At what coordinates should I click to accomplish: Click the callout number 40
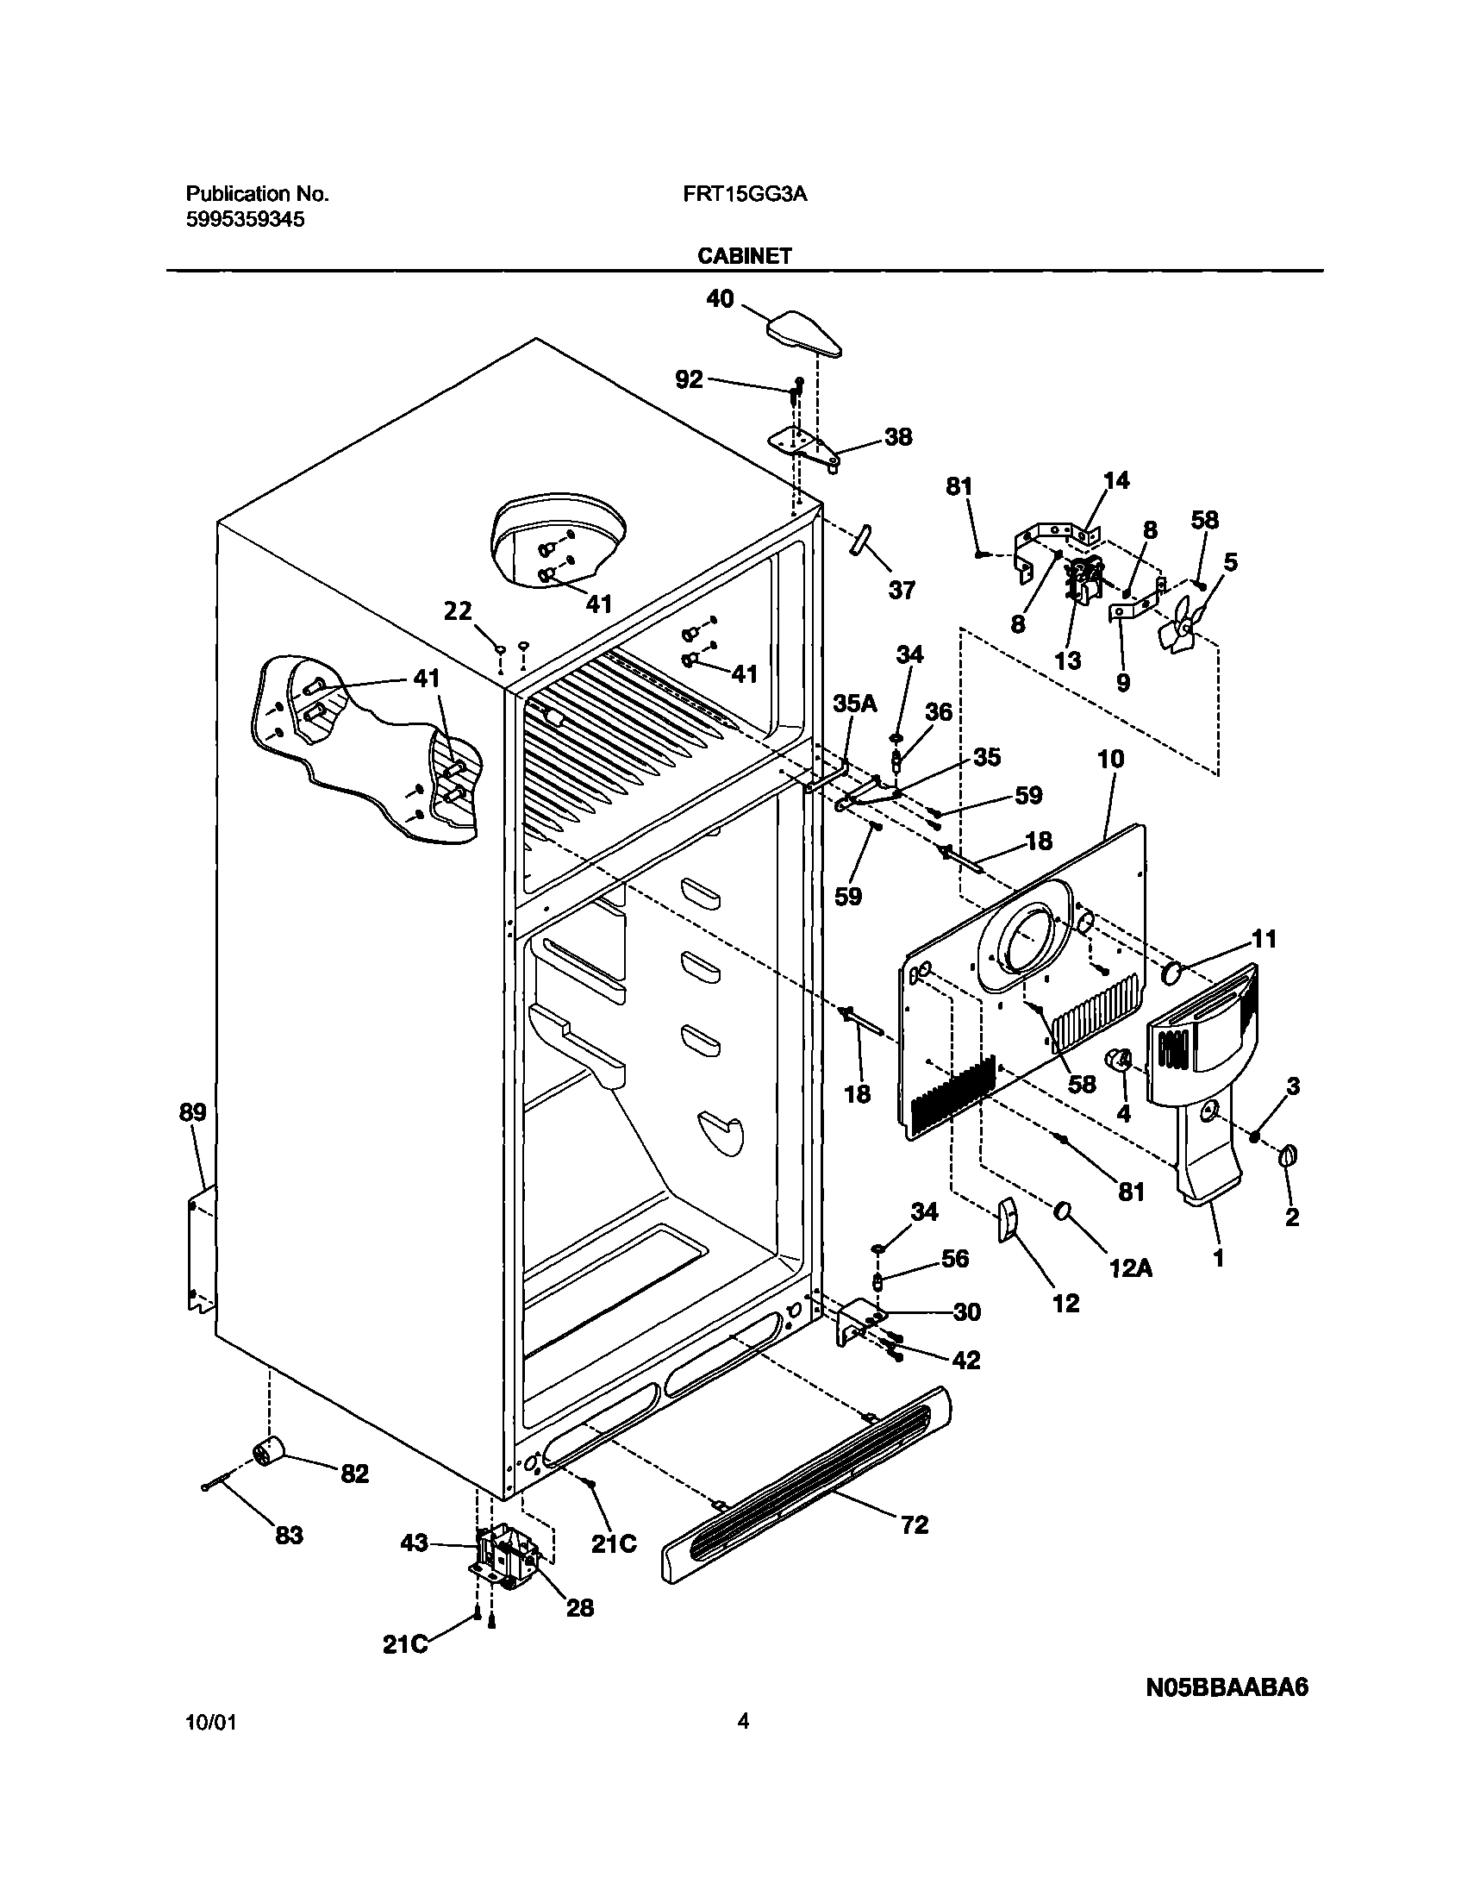720,299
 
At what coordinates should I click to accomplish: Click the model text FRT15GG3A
745,194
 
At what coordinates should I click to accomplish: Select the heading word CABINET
745,255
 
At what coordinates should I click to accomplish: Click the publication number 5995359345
245,220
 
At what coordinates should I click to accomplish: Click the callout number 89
192,1111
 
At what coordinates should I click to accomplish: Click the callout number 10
1110,759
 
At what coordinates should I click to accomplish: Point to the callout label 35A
855,704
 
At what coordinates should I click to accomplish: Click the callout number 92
689,379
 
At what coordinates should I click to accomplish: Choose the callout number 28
580,1608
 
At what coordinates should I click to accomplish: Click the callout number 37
901,590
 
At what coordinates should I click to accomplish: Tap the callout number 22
458,612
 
